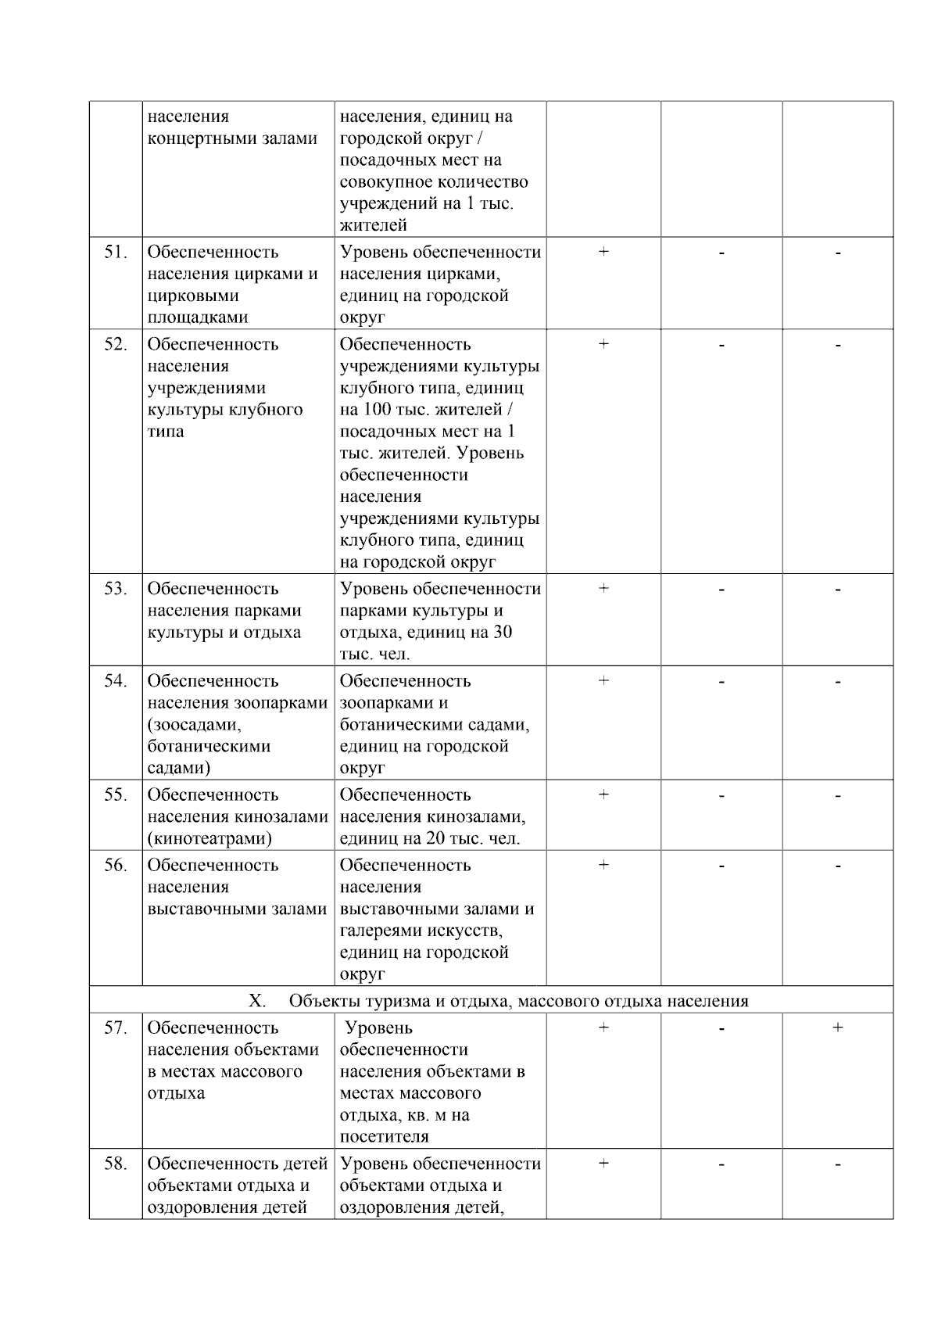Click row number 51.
click(x=115, y=253)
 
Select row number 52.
click(x=115, y=345)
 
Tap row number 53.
click(x=115, y=590)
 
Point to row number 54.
click(x=115, y=682)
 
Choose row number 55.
click(x=115, y=795)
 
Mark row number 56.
click(x=115, y=866)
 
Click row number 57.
click(x=115, y=1028)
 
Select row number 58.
click(x=115, y=1164)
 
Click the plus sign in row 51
click(x=603, y=252)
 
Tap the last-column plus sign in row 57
click(x=837, y=1028)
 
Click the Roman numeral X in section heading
click(x=256, y=1002)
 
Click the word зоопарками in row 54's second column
click(x=281, y=704)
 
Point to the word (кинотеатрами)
click(x=209, y=839)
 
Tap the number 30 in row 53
click(x=503, y=633)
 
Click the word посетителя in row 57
click(x=384, y=1137)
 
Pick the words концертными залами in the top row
click(x=232, y=139)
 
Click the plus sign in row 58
click(x=603, y=1164)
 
